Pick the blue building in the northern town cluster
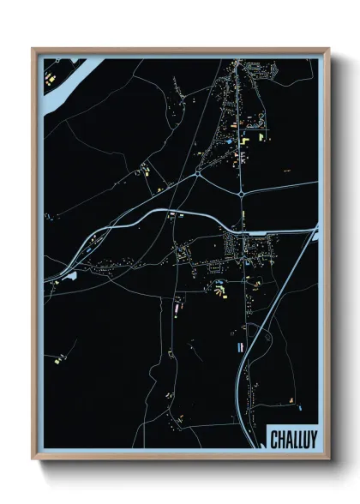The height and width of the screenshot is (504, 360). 230,139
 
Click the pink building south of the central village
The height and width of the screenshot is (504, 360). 177,303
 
